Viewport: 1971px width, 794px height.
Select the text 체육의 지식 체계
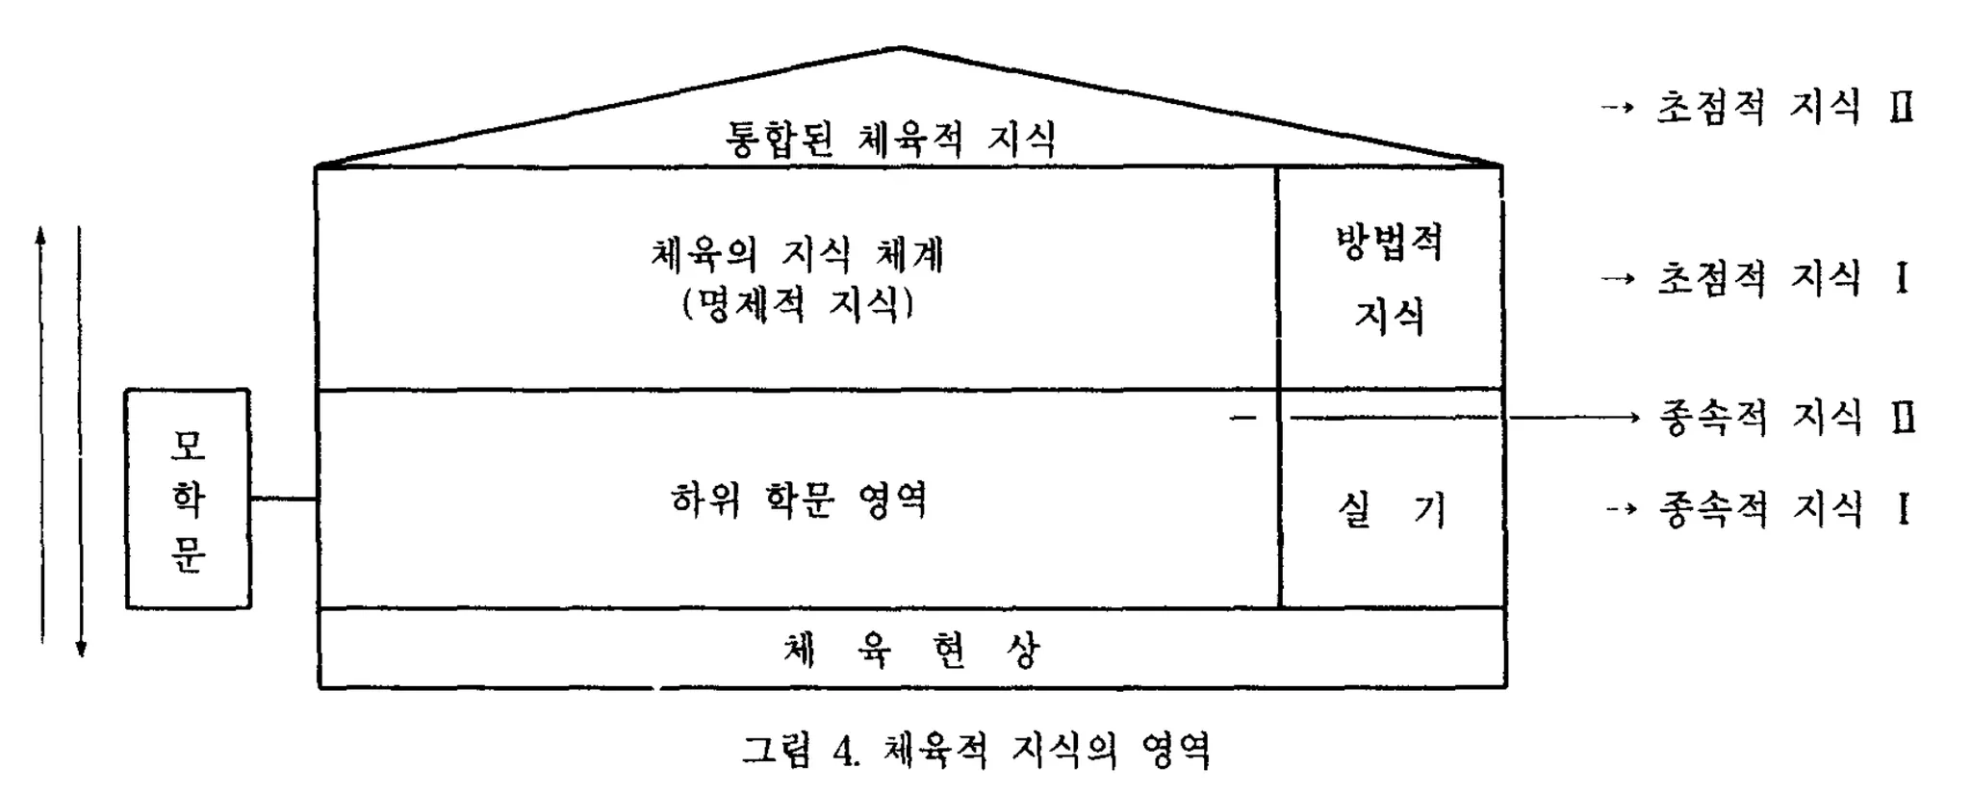(x=797, y=255)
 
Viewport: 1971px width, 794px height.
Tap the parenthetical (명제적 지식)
(x=797, y=305)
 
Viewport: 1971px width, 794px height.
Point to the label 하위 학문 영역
(x=799, y=500)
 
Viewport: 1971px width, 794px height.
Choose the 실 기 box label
(x=1392, y=510)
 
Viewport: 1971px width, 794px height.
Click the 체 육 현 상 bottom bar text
(x=910, y=651)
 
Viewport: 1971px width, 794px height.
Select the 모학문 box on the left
(x=189, y=499)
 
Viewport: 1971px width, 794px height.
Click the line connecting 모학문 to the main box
(x=284, y=499)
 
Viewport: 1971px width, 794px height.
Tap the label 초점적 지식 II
(x=1783, y=107)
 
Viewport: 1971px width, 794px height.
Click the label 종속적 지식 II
(x=1786, y=418)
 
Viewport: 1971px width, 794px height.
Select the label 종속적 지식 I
(x=1782, y=509)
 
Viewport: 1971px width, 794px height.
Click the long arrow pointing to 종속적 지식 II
(x=1574, y=418)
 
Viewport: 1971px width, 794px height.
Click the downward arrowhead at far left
(x=81, y=649)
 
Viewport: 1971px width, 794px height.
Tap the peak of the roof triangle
(x=902, y=48)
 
